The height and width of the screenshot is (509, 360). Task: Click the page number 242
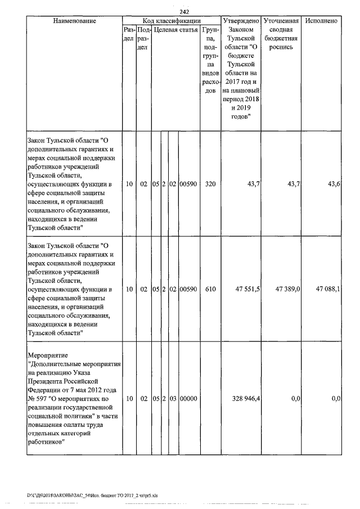pyautogui.click(x=184, y=12)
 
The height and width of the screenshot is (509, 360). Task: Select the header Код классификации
pyautogui.click(x=172, y=21)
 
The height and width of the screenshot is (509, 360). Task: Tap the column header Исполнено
pyautogui.click(x=321, y=21)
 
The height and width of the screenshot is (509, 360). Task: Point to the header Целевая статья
pyautogui.click(x=175, y=29)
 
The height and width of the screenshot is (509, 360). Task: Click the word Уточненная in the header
pyautogui.click(x=281, y=21)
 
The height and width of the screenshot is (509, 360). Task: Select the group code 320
pyautogui.click(x=209, y=184)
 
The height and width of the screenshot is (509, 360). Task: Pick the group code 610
pyautogui.click(x=209, y=289)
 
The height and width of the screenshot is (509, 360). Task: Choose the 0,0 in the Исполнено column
pyautogui.click(x=336, y=398)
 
